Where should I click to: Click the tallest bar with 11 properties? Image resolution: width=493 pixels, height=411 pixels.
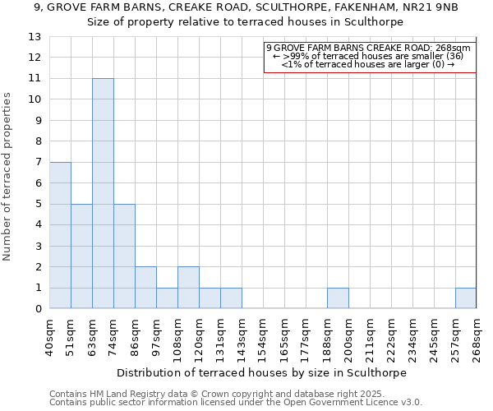pyautogui.click(x=103, y=193)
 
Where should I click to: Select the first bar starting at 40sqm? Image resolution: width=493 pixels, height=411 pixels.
pyautogui.click(x=60, y=235)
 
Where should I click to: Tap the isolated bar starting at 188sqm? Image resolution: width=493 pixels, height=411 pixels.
pyautogui.click(x=338, y=298)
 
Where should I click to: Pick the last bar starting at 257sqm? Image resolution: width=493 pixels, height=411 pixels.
pyautogui.click(x=466, y=298)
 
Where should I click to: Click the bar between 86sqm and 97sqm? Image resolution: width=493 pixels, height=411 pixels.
pyautogui.click(x=145, y=288)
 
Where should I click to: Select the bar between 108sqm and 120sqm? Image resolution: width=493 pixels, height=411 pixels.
pyautogui.click(x=188, y=288)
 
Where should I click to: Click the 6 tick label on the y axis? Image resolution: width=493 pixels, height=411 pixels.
pyautogui.click(x=38, y=183)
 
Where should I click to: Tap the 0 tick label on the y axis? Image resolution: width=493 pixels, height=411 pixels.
pyautogui.click(x=38, y=309)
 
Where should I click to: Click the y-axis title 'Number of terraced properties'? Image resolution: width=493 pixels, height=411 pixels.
pyautogui.click(x=7, y=177)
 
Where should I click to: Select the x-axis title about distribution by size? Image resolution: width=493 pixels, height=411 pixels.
pyautogui.click(x=263, y=372)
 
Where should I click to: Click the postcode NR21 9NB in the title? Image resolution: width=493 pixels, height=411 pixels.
pyautogui.click(x=429, y=7)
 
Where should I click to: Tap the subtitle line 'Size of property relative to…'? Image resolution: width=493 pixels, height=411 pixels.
pyautogui.click(x=246, y=22)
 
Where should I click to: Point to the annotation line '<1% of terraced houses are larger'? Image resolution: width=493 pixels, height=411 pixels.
pyautogui.click(x=367, y=64)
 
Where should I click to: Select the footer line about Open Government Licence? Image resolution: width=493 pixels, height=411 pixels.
pyautogui.click(x=236, y=402)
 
